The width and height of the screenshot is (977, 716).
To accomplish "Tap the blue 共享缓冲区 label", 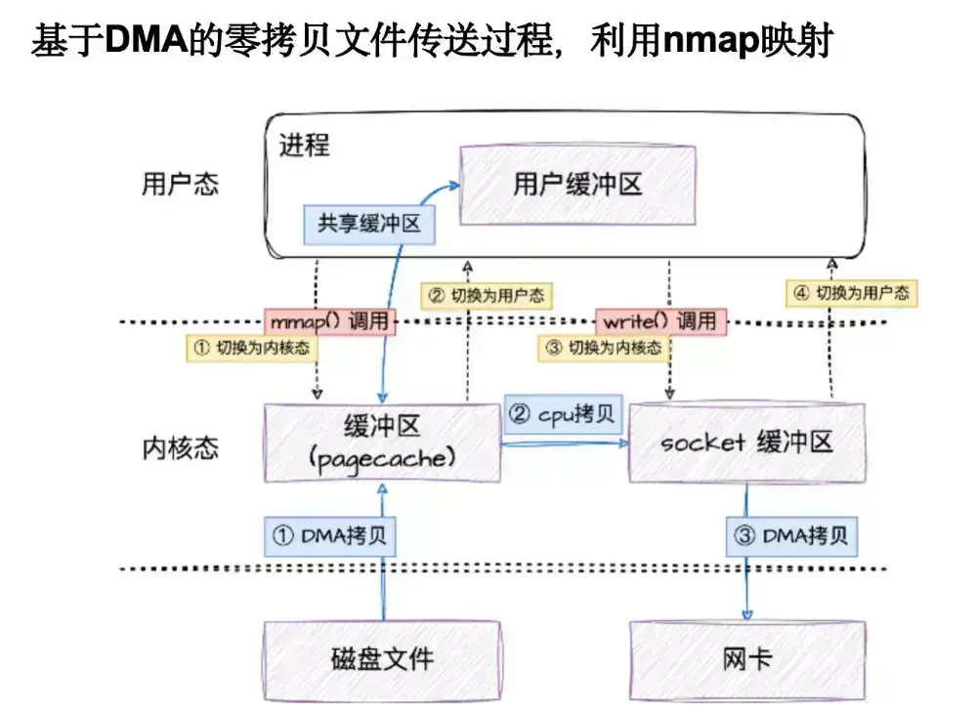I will (368, 224).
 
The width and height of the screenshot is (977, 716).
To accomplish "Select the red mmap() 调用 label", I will (329, 320).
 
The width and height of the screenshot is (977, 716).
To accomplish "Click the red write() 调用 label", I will (661, 320).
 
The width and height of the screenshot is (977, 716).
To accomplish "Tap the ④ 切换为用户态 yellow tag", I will (851, 292).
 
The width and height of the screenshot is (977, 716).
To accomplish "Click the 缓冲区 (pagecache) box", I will (382, 442).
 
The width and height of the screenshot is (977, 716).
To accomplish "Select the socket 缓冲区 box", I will (747, 442).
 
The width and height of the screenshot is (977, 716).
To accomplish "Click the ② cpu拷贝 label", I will (564, 415).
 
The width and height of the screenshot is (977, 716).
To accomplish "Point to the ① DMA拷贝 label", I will (330, 535).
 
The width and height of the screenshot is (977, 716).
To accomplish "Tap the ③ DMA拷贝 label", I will (791, 535).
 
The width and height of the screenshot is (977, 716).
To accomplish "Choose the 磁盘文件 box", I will (382, 658).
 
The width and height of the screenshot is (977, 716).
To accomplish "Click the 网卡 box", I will (747, 658).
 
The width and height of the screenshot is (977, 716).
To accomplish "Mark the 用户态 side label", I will (180, 185).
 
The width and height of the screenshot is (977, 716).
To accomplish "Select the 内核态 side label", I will (180, 448).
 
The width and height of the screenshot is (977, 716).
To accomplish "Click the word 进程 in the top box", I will (305, 147).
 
